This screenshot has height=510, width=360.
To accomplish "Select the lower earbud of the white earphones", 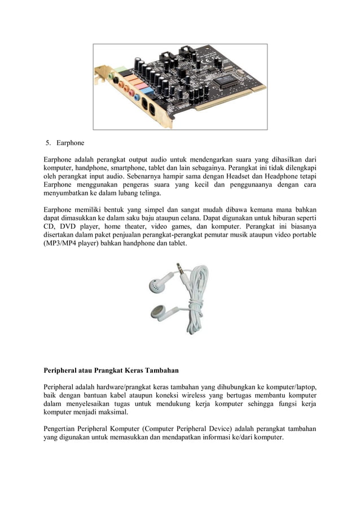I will tap(157, 312).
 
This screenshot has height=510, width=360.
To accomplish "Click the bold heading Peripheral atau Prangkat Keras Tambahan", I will tap(111, 371).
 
